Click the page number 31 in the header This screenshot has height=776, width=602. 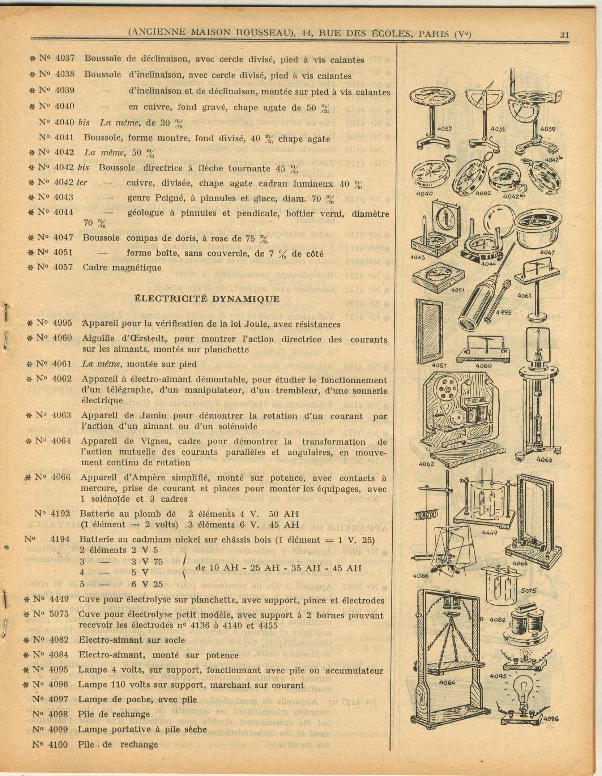[x=564, y=35]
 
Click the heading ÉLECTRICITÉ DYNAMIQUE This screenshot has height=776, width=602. [x=207, y=299]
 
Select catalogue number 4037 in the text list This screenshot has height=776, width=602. [x=65, y=59]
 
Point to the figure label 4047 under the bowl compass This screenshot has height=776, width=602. [x=547, y=253]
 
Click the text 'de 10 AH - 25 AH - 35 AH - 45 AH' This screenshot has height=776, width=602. [x=278, y=568]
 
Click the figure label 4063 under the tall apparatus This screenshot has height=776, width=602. [x=544, y=459]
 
